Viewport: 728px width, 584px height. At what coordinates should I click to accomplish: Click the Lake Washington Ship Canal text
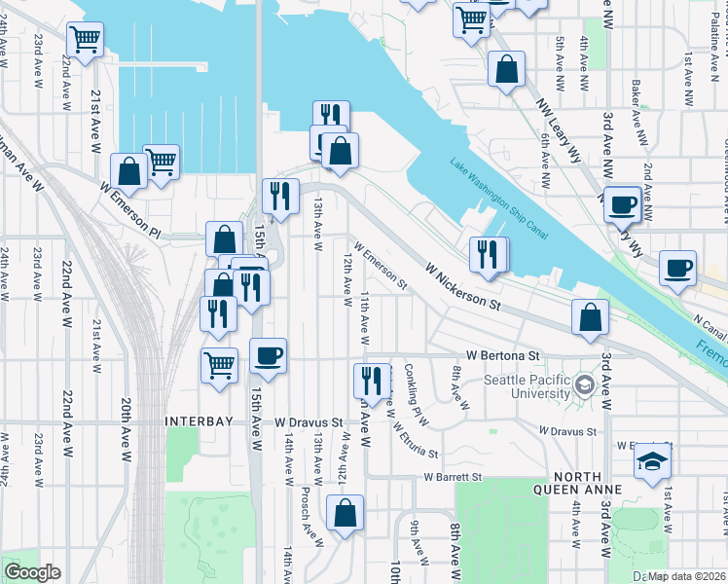click(x=498, y=198)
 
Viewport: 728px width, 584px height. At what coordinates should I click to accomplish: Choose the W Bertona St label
click(x=501, y=356)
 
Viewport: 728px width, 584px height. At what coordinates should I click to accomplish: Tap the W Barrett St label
click(x=453, y=477)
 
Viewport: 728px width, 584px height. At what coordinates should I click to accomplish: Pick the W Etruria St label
click(x=416, y=438)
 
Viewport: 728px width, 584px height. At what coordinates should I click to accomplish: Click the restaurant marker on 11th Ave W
click(x=371, y=378)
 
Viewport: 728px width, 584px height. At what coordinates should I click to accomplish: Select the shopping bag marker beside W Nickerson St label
click(x=590, y=317)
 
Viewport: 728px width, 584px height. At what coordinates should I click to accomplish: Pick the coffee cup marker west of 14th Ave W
click(x=268, y=355)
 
